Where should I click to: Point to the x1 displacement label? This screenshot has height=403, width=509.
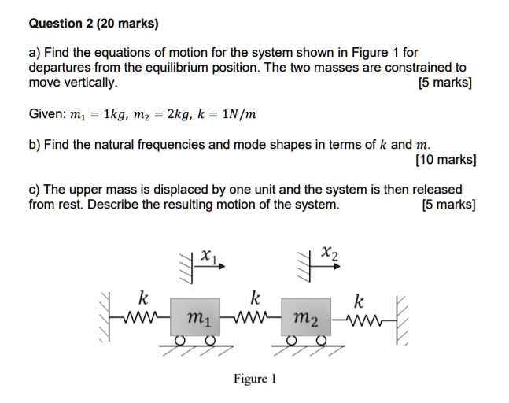point(208,256)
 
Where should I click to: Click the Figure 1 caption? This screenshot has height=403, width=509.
point(254,379)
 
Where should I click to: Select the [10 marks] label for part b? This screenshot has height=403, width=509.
point(445,160)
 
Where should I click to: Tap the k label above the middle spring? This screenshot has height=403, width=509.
point(253,298)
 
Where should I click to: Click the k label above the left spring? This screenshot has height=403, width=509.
point(142,298)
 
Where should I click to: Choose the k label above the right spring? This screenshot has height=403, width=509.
point(359,301)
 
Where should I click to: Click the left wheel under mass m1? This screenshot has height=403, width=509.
point(180,340)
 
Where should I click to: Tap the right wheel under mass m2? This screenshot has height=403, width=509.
point(320,340)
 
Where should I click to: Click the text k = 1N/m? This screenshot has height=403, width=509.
point(228,115)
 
